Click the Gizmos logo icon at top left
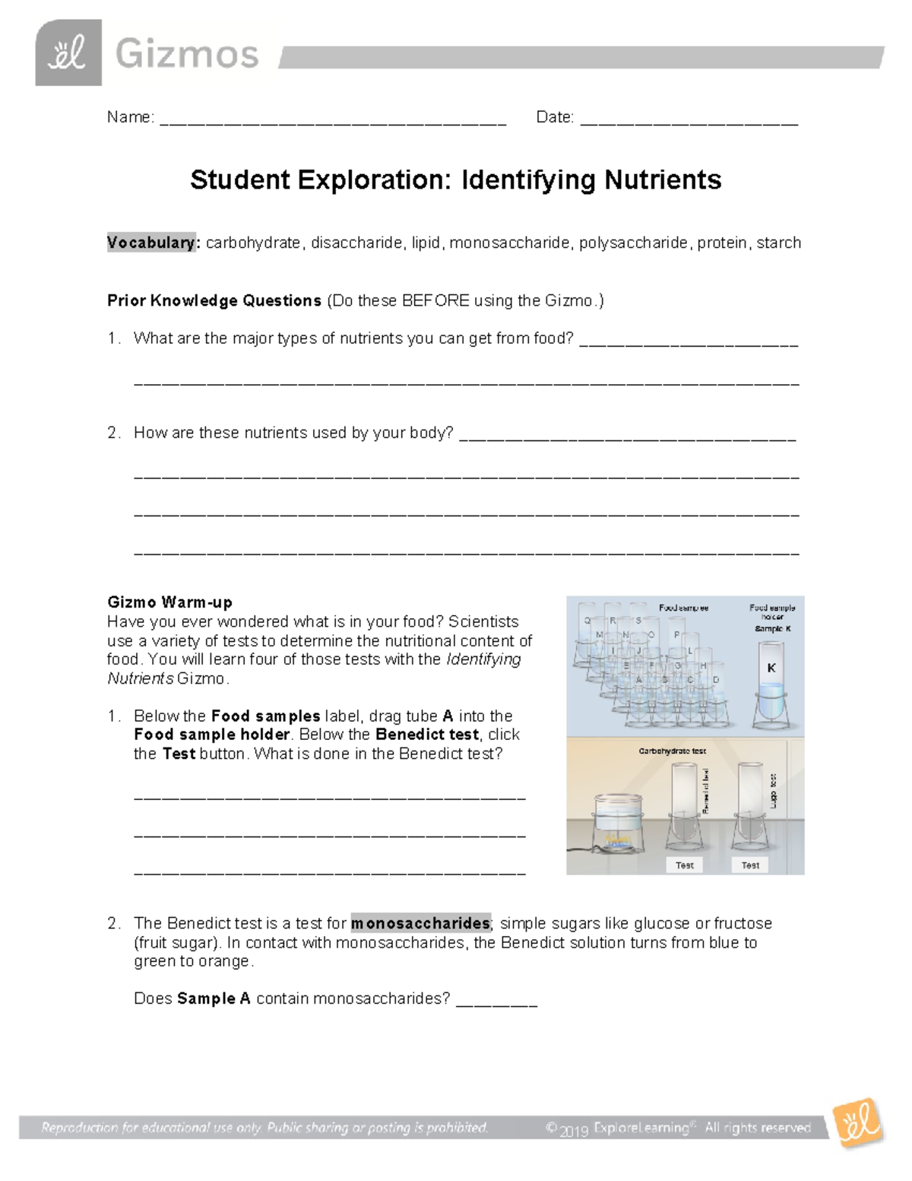pos(68,52)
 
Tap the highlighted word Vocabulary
pos(152,243)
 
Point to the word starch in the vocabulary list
pos(778,243)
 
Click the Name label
pos(129,117)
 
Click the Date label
pos(554,117)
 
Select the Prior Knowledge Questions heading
pos(214,300)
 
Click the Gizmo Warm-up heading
pos(169,602)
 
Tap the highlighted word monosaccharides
pos(420,923)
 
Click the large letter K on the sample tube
pos(771,668)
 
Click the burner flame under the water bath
pos(616,840)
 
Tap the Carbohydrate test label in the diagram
pos(672,751)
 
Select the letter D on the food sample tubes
pos(715,680)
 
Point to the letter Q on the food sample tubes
pos(587,621)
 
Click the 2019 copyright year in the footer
pos(574,1131)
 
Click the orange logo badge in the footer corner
pos(857,1123)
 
